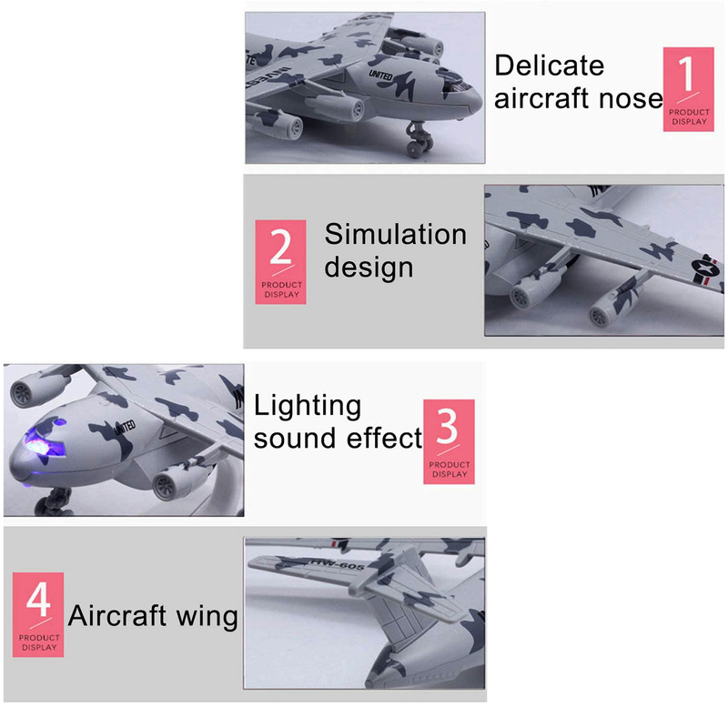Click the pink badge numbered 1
[688, 89]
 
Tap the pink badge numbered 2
[280, 262]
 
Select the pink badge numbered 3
[449, 441]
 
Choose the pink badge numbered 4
[38, 614]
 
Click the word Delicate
[550, 65]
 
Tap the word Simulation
[396, 234]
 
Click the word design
[369, 268]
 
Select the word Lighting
[308, 407]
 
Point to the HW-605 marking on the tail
[338, 564]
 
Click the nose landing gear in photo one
[419, 140]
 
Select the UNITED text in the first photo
[380, 76]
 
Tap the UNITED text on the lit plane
[125, 427]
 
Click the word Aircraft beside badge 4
[117, 616]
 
